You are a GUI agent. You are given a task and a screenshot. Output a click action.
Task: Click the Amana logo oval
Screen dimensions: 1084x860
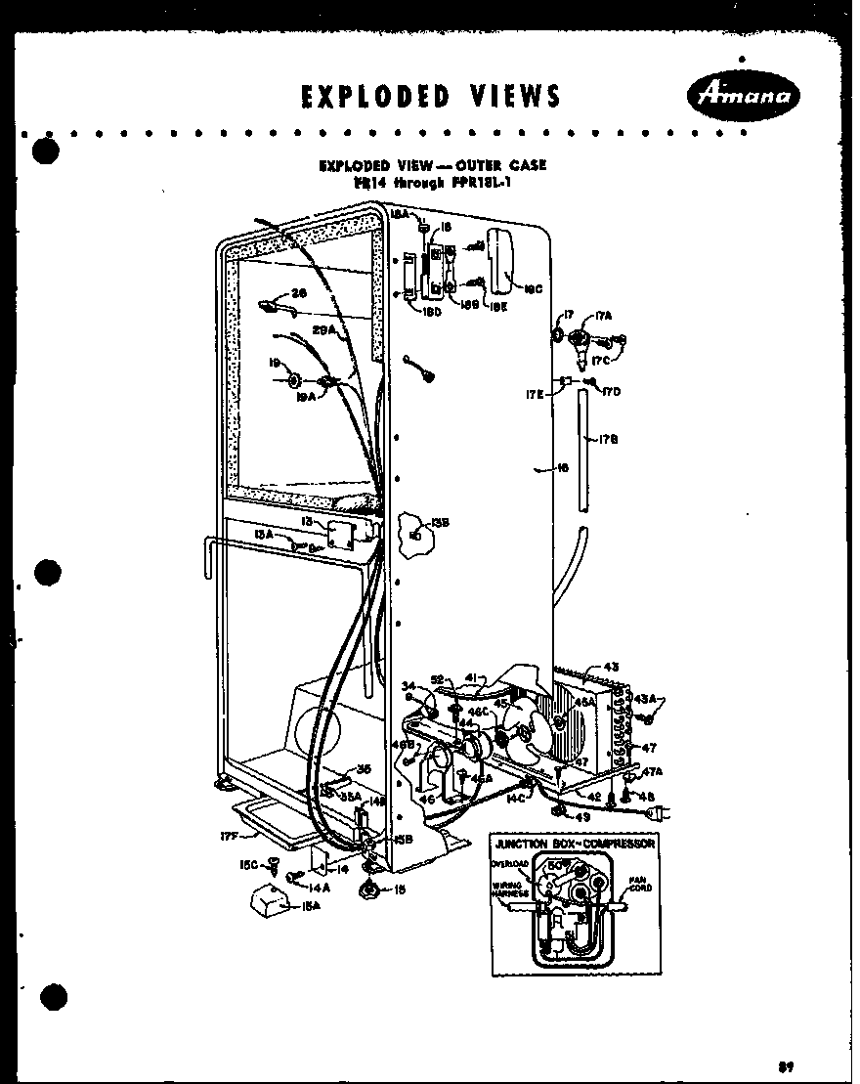(744, 96)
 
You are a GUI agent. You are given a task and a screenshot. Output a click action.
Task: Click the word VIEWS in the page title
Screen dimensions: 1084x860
(505, 96)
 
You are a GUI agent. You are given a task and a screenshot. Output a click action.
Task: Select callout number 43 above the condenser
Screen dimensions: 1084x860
(611, 667)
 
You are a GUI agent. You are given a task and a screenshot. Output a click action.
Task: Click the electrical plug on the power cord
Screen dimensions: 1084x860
(661, 811)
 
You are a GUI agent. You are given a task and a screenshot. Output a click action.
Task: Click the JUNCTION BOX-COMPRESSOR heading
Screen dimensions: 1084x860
(574, 843)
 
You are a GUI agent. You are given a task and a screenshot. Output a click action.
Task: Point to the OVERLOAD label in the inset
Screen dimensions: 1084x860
(512, 864)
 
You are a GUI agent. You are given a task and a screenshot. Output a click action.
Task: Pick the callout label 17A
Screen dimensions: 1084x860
(602, 315)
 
